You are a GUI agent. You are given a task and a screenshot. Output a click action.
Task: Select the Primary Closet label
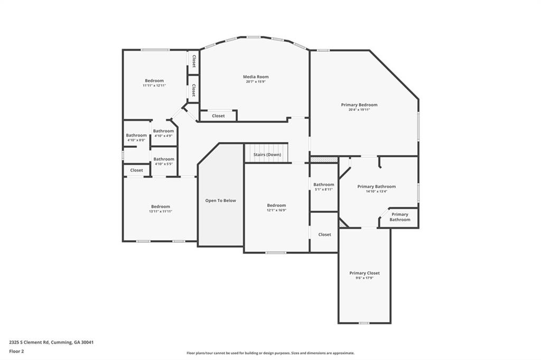tap(365, 273)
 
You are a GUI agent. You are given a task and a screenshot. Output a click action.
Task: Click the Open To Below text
tap(220, 201)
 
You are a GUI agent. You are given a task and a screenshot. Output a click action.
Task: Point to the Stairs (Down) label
tap(267, 155)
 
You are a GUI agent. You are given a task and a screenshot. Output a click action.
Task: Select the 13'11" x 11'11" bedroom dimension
tap(161, 211)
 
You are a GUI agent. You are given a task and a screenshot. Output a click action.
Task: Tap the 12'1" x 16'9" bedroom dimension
tap(276, 210)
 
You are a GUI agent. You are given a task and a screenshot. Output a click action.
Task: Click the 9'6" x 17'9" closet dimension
tap(365, 278)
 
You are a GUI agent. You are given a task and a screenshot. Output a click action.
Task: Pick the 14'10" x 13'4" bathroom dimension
tap(376, 191)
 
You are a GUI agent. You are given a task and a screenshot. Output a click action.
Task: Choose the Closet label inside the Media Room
tap(218, 116)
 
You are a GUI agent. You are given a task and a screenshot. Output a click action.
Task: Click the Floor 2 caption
tap(16, 351)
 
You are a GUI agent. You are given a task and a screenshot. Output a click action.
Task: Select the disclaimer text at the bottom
tap(270, 353)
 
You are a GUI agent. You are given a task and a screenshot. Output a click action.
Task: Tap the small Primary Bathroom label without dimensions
tap(399, 217)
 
